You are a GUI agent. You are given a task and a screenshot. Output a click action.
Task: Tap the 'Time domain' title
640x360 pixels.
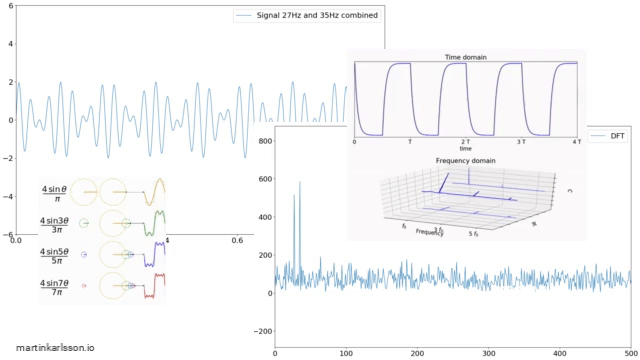pos(466,58)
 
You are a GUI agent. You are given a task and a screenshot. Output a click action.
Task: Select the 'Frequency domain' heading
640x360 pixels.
pos(466,160)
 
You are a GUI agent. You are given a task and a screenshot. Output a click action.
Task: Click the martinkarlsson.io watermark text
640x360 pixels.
pos(49,346)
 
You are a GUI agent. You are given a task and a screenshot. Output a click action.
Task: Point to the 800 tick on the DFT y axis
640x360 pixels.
pos(265,142)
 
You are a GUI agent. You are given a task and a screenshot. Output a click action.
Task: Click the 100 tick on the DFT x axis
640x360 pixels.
pos(346,353)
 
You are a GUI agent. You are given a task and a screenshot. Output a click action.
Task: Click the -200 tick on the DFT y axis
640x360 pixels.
pos(262,331)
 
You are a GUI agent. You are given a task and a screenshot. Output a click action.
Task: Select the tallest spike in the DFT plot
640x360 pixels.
pos(300,184)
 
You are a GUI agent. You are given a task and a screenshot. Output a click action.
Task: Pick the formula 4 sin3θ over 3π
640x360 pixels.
pos(54,223)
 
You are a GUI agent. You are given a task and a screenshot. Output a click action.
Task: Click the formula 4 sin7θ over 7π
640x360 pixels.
pos(54,287)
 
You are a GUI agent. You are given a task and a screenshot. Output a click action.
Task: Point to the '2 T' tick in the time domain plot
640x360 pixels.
pos(465,143)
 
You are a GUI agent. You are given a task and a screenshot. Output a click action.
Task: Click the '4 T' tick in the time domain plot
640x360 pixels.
pos(576,143)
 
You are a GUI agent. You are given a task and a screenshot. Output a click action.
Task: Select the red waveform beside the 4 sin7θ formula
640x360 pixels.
pos(153,290)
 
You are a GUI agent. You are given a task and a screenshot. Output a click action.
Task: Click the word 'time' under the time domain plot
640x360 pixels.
pos(466,149)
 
